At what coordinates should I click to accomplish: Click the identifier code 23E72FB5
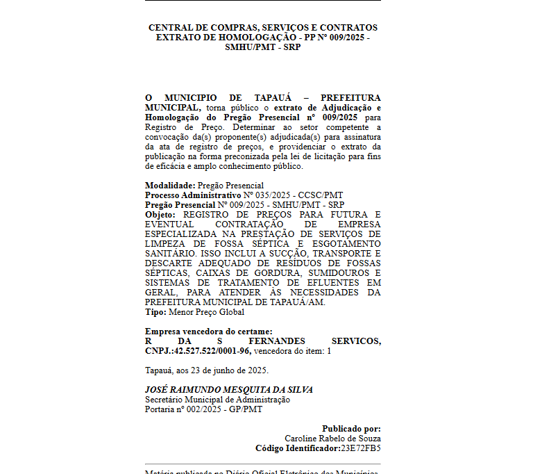point(359,448)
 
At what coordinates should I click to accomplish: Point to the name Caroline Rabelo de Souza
point(332,439)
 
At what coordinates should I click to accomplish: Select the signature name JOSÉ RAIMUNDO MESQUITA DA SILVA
point(228,390)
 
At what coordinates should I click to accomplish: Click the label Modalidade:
point(170,186)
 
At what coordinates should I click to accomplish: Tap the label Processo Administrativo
point(183,195)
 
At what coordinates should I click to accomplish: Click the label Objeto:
point(160,215)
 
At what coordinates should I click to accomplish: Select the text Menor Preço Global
point(207,312)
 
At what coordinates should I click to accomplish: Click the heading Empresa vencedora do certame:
point(208,332)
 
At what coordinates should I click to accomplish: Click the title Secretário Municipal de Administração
point(217,400)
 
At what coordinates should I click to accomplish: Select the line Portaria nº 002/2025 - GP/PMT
point(203,409)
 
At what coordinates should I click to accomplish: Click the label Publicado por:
point(351,429)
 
